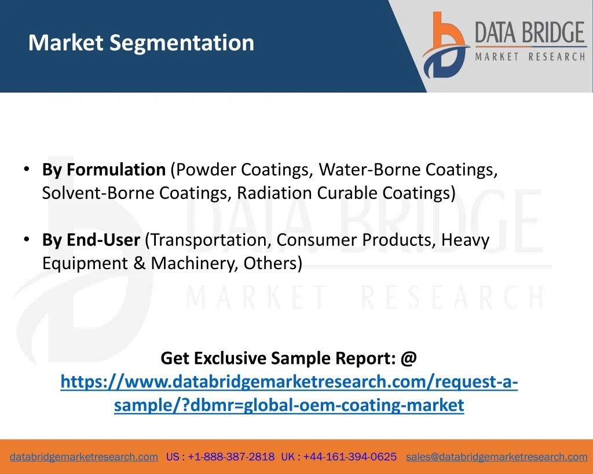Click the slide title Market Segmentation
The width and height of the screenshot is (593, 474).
click(x=141, y=43)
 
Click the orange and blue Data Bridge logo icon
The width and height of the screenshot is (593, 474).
click(x=445, y=45)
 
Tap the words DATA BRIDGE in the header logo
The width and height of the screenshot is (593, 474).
click(x=530, y=32)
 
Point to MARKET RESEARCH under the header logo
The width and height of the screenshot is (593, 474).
click(x=530, y=57)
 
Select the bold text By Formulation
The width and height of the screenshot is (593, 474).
click(x=104, y=170)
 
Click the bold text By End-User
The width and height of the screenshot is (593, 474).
click(x=91, y=240)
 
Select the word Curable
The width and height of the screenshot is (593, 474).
click(x=347, y=193)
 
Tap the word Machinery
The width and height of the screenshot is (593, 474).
click(x=195, y=263)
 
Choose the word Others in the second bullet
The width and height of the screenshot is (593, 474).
click(x=270, y=263)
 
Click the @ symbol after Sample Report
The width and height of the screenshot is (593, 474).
click(x=408, y=358)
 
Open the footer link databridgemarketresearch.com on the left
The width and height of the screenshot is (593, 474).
click(x=84, y=457)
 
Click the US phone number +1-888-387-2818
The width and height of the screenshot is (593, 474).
click(x=231, y=457)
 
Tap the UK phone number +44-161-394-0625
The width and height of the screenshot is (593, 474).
click(x=350, y=457)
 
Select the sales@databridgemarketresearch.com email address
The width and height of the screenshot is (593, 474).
click(x=496, y=457)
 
